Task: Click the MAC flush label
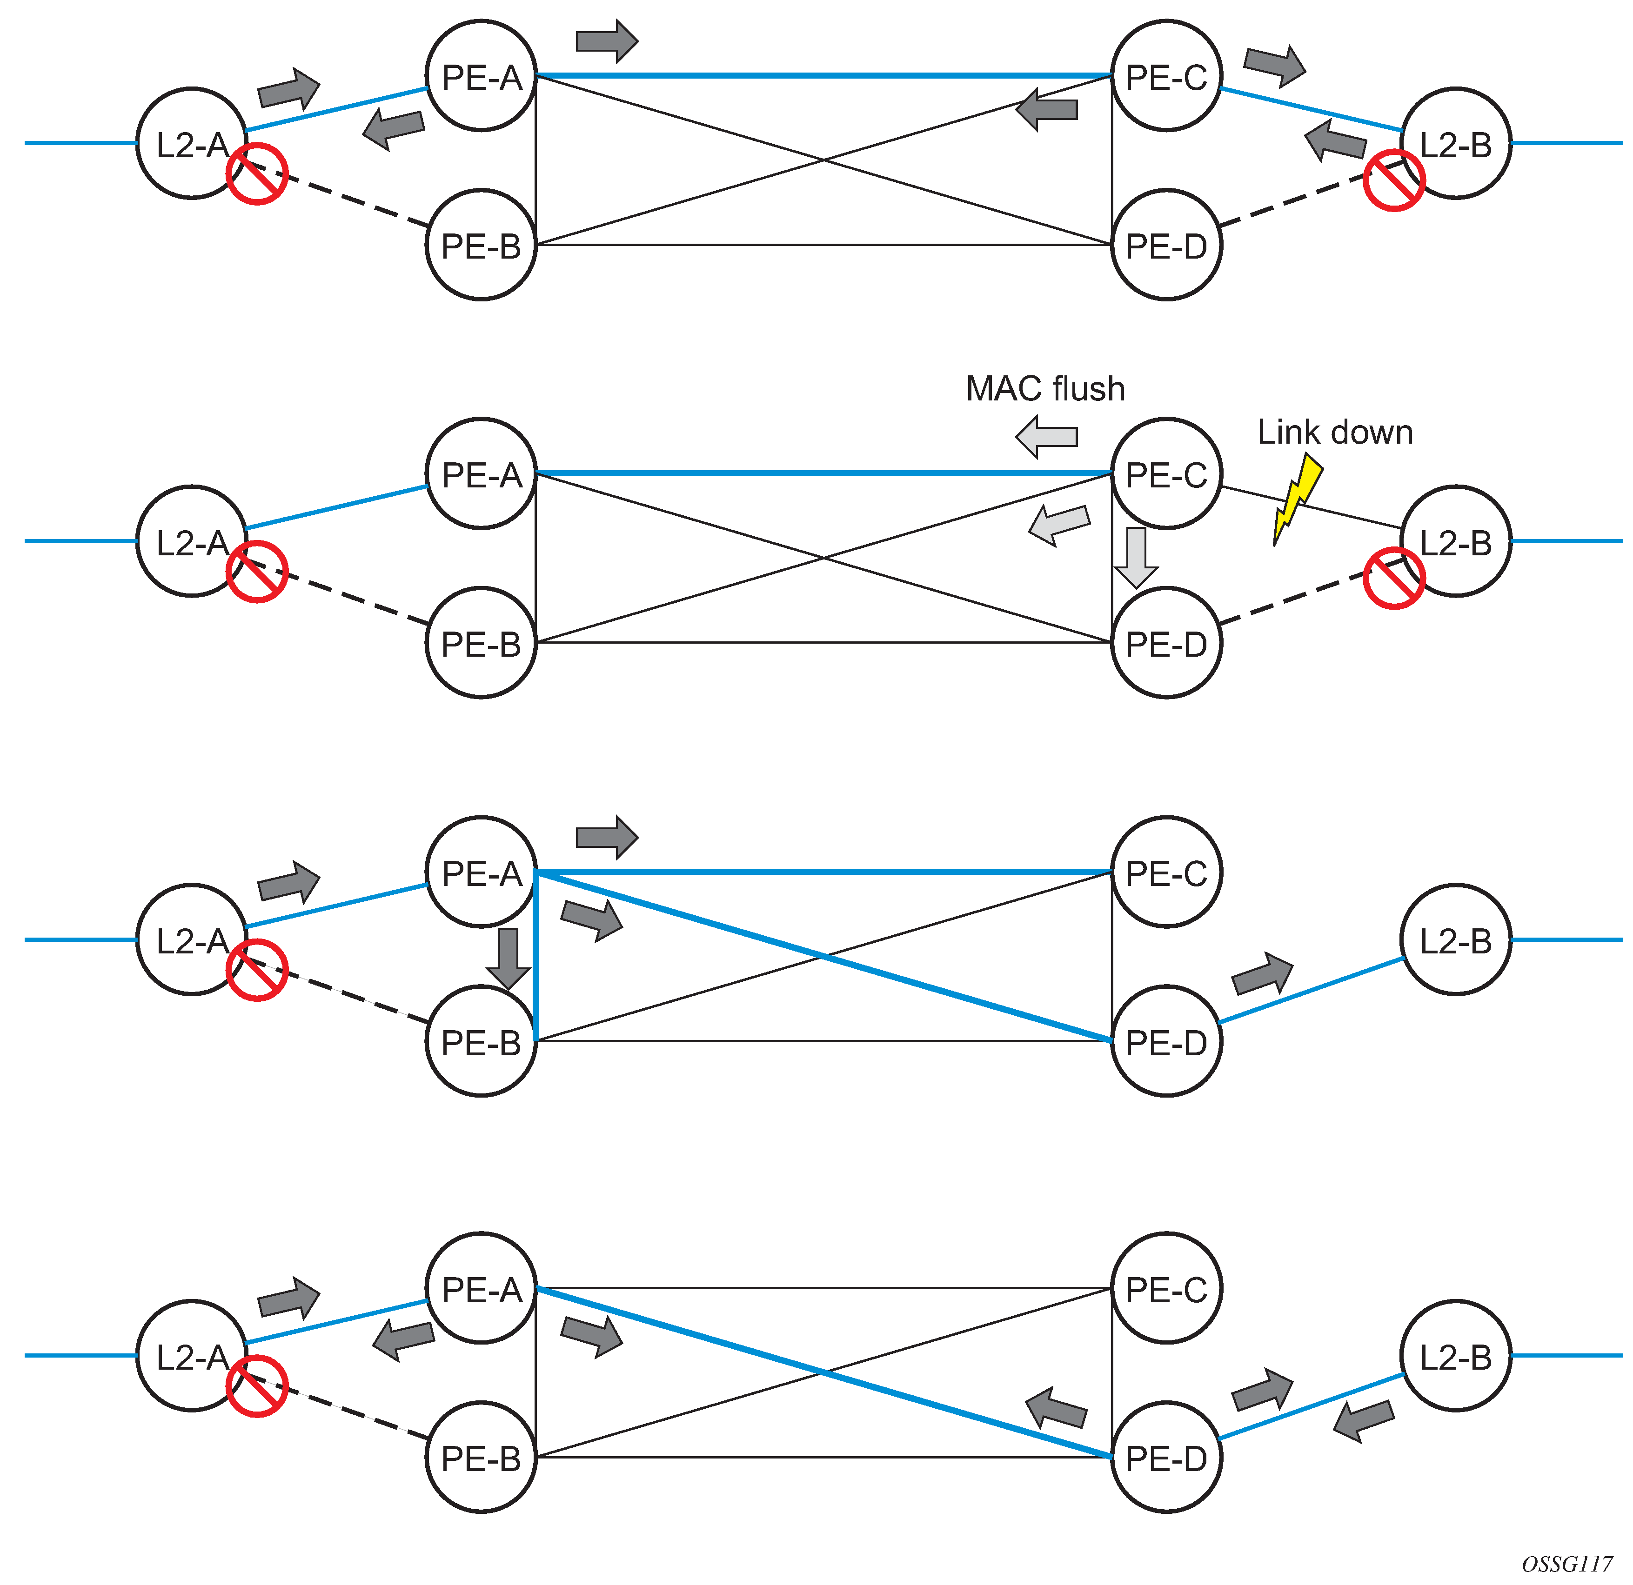[1045, 389]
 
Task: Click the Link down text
[1335, 432]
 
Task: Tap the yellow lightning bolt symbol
[1297, 498]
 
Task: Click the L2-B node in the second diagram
[1456, 541]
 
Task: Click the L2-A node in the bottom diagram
[192, 1356]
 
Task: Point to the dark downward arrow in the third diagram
[508, 958]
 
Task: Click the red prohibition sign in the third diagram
[257, 970]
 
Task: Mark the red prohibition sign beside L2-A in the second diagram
[257, 572]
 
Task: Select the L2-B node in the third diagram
[1456, 939]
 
